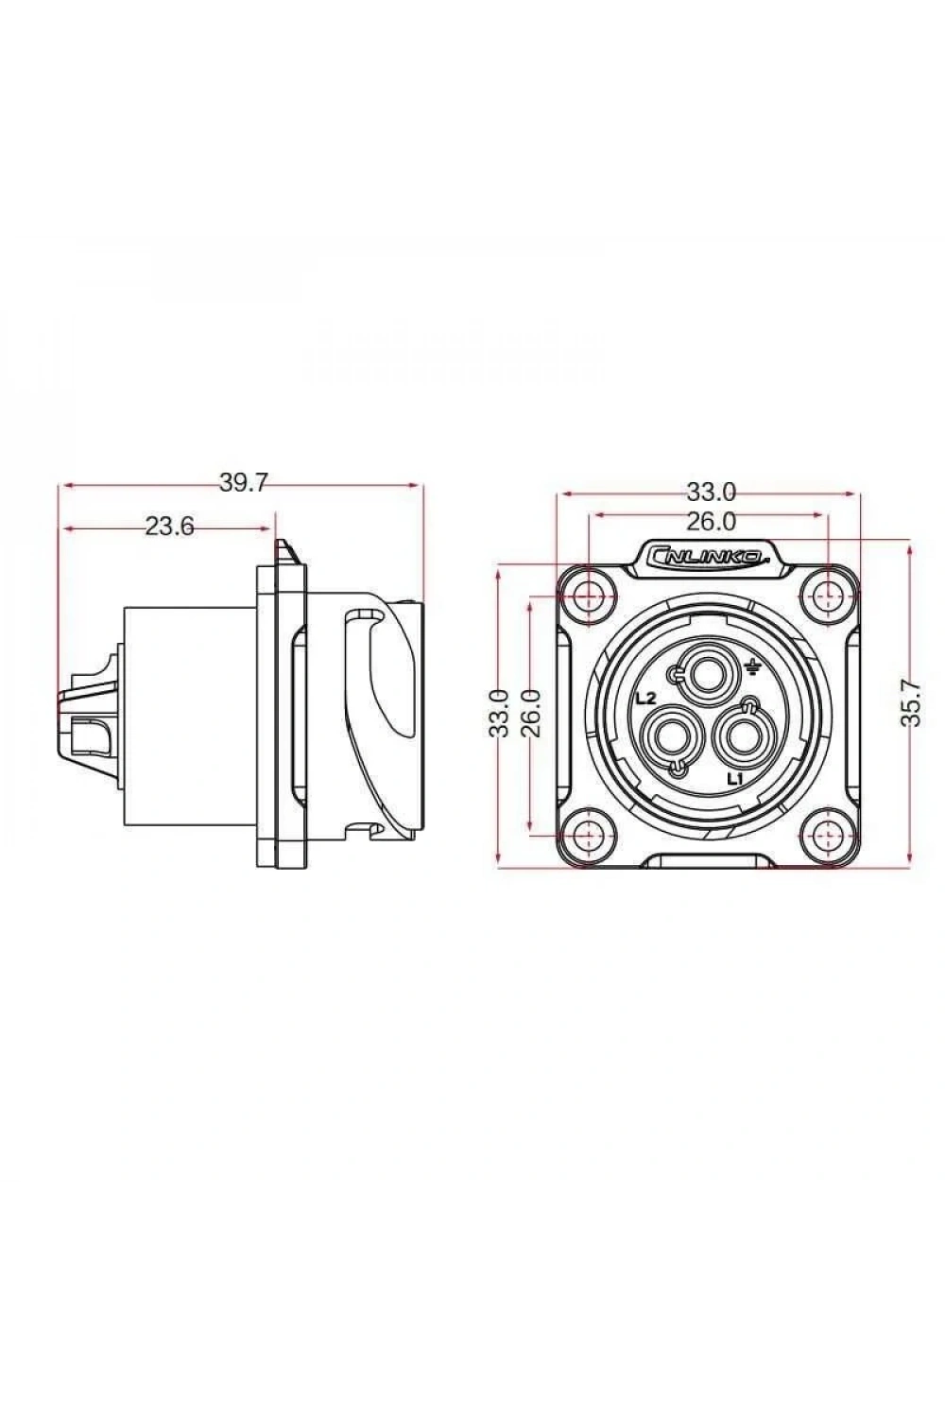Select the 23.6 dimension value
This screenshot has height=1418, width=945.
pyautogui.click(x=170, y=527)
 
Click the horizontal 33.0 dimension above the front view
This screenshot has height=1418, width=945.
pyautogui.click(x=712, y=492)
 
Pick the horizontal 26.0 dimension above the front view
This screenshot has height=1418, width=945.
pyautogui.click(x=712, y=522)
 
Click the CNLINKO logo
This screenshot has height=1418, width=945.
pyautogui.click(x=709, y=557)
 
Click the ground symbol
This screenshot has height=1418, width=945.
pyautogui.click(x=752, y=667)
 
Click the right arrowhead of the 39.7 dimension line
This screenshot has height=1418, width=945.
pyautogui.click(x=416, y=486)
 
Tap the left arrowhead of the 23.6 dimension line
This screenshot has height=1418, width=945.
pyautogui.click(x=65, y=527)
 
